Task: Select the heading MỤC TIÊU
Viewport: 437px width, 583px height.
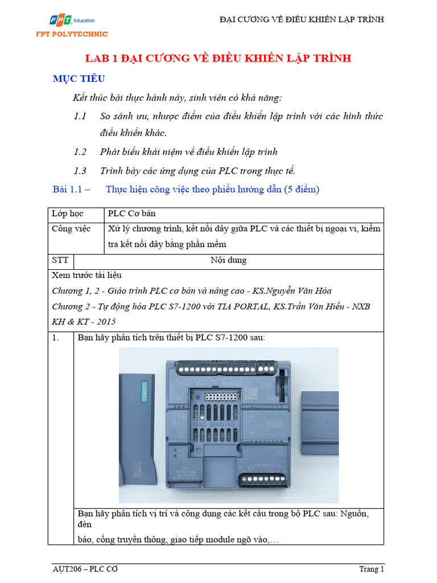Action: point(79,79)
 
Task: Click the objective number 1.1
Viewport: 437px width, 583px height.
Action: point(80,116)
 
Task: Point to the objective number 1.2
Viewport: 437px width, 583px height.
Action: point(80,151)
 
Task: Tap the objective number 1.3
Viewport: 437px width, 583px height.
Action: point(80,170)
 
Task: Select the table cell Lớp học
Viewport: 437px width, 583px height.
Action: point(67,214)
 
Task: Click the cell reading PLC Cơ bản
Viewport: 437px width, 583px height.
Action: point(131,214)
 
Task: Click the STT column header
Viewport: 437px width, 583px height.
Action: point(60,260)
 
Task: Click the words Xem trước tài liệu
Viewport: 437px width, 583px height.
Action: point(86,276)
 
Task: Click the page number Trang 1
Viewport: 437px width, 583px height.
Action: point(371,569)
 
